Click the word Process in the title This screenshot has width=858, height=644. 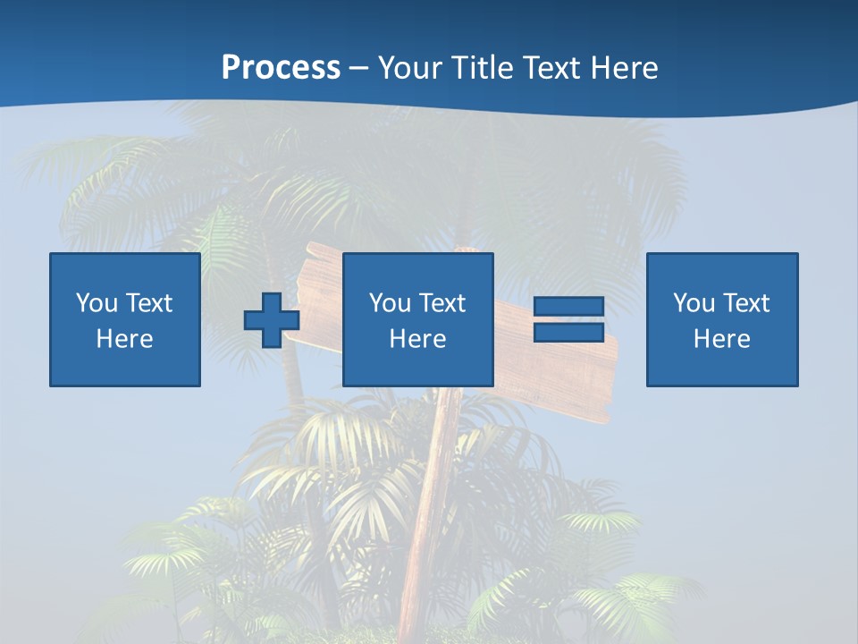[281, 67]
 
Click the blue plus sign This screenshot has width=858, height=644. [272, 320]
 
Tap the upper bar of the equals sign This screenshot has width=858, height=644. [568, 306]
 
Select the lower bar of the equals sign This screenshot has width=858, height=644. [568, 332]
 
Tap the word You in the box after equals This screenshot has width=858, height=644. [693, 303]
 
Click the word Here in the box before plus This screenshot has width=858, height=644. [125, 339]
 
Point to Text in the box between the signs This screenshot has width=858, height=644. [443, 303]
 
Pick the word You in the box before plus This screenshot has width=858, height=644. [97, 303]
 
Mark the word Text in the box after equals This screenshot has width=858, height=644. [747, 303]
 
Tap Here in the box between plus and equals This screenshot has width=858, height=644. [417, 339]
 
